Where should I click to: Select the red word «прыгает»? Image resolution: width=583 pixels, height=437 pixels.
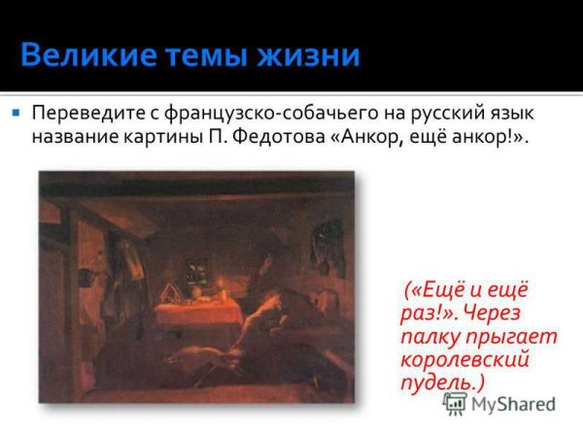point(511,336)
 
